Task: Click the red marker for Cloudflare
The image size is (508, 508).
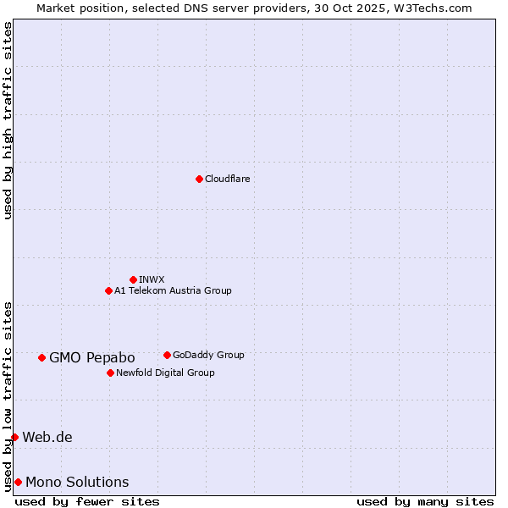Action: [199, 179]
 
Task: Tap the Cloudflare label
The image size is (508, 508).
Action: [227, 179]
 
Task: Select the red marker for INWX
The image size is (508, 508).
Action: [133, 279]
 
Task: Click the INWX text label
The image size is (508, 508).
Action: [152, 279]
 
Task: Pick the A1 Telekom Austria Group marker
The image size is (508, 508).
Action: [108, 290]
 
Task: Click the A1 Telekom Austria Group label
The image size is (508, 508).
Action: [173, 290]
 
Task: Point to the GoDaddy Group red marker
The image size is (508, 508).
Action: [167, 355]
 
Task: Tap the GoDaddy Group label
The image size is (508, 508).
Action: [208, 355]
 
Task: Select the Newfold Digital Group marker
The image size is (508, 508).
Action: [110, 373]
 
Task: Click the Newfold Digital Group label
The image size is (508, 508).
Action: [165, 373]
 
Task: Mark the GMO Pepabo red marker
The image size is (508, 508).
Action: [41, 357]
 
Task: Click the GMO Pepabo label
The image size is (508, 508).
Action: [92, 357]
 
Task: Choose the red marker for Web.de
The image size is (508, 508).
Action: [14, 437]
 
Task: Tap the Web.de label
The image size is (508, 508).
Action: [47, 437]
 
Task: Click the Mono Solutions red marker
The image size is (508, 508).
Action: [18, 482]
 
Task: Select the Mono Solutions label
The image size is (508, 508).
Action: [77, 482]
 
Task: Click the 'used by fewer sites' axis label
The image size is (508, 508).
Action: [87, 501]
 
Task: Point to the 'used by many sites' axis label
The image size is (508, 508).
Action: [425, 501]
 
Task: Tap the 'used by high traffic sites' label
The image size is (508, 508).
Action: [8, 120]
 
